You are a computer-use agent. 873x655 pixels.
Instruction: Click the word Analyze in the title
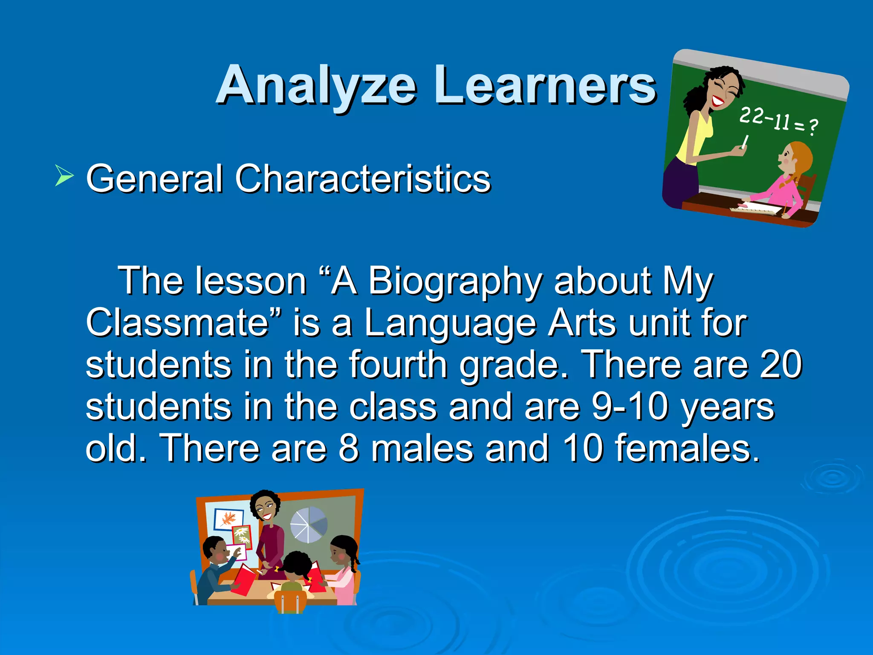(x=316, y=85)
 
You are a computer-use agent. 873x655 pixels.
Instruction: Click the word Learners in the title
(x=545, y=85)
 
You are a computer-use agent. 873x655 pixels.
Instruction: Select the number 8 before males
(x=349, y=448)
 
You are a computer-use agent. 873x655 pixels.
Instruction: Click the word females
(x=682, y=448)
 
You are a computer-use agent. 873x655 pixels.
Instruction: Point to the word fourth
(x=398, y=365)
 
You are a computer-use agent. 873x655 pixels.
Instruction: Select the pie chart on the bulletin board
(x=309, y=525)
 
